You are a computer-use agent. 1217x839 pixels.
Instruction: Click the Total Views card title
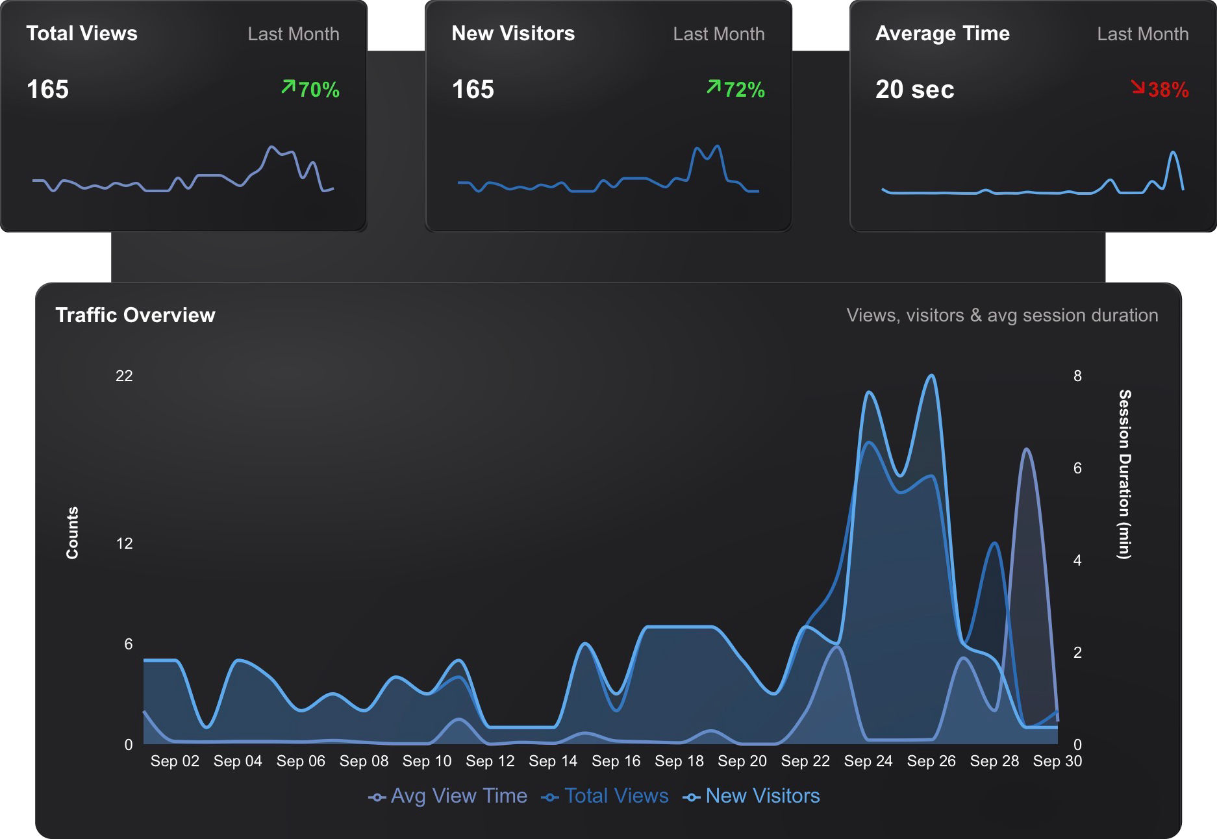pos(82,34)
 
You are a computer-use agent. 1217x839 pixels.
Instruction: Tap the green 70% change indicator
pos(311,89)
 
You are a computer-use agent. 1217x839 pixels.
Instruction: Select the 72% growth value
pos(736,89)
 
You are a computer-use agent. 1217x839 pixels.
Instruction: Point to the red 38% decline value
pos(1161,89)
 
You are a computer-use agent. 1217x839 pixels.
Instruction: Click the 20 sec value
pos(914,90)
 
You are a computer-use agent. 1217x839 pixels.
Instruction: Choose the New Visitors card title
pos(513,34)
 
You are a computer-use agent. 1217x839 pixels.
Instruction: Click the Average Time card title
pos(942,34)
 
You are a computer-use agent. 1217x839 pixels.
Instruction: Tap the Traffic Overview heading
pos(135,315)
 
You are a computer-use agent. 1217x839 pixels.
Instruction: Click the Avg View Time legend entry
pos(448,796)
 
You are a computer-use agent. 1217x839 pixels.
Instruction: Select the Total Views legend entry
pos(605,796)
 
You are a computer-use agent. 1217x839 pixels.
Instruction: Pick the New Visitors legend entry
pos(751,796)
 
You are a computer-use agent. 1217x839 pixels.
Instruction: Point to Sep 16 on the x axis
pos(616,761)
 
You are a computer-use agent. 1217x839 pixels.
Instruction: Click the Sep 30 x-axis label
pos(1057,761)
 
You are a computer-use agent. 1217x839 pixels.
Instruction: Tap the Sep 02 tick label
pos(175,761)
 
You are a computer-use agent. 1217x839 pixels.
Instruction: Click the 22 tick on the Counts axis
pos(124,376)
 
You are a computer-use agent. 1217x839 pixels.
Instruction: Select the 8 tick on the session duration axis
pos(1077,376)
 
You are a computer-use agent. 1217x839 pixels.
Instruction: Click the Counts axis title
pos(72,532)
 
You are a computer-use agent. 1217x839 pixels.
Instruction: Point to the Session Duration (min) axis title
pos(1124,474)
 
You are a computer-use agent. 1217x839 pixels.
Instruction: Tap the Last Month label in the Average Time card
pos(1142,34)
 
